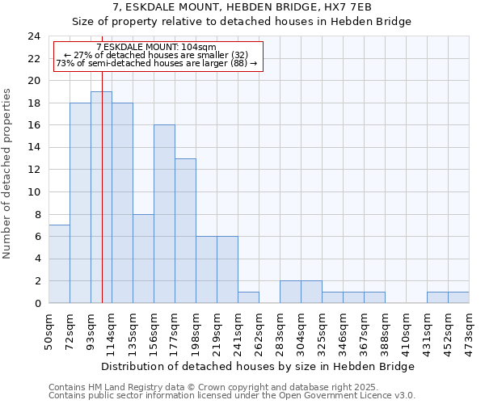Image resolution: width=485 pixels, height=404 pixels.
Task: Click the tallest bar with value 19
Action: point(101,197)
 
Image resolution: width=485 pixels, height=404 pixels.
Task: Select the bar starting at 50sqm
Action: point(59,264)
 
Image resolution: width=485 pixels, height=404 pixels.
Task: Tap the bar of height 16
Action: point(164,214)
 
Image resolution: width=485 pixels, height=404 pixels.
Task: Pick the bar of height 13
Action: point(185,231)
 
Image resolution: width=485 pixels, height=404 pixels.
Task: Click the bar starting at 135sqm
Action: point(143,259)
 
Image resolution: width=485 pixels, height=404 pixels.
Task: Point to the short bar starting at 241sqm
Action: point(248,297)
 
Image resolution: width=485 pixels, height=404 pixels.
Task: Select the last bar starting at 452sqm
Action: point(458,297)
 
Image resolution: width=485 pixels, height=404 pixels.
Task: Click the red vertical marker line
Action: point(103,202)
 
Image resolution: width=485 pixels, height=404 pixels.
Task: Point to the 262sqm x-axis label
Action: point(259,330)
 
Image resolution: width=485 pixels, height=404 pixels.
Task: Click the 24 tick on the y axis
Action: point(33,36)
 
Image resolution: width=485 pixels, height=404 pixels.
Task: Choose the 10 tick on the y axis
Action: point(33,192)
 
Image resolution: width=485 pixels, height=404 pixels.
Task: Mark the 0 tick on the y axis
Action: point(36,303)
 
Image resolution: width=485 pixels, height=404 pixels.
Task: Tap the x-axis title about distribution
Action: point(259,366)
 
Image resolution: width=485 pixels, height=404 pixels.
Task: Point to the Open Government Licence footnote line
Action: point(231,396)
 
